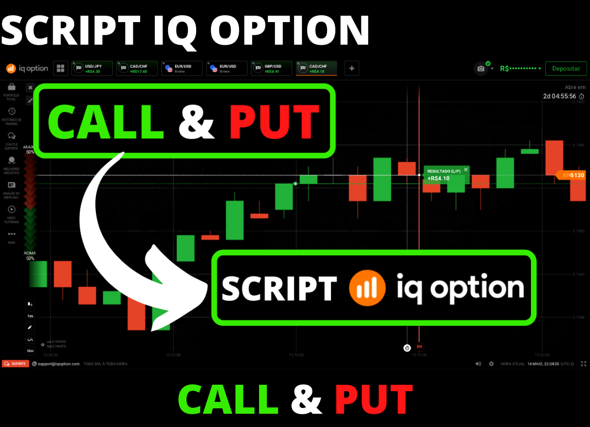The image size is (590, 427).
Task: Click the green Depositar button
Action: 566,69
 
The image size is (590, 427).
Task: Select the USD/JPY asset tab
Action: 92,68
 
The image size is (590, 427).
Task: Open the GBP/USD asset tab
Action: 271,68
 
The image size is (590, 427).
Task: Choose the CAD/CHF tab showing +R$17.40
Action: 137,68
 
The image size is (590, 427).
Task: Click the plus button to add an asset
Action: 352,69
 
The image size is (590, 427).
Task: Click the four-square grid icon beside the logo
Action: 61,68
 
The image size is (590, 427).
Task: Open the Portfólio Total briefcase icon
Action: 12,87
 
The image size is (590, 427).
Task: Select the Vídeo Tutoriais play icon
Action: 12,210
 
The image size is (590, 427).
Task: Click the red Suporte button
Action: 15,364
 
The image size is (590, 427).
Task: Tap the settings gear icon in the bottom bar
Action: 491,364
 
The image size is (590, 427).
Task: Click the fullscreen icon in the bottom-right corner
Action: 584,364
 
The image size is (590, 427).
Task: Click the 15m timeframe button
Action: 30,350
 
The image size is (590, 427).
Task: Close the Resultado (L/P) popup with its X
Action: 466,170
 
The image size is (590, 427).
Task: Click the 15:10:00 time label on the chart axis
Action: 296,354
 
